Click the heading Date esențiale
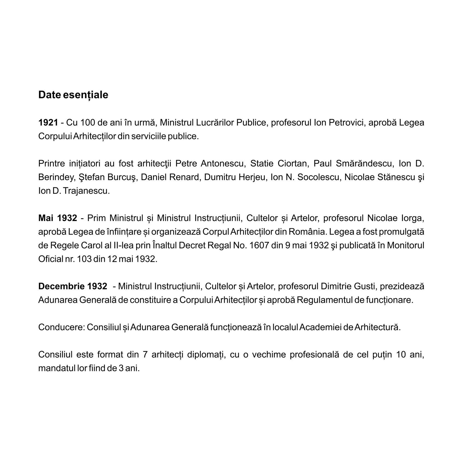tap(73, 95)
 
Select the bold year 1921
tap(48, 123)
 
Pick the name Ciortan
tap(292, 164)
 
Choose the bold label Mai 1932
tap(57, 218)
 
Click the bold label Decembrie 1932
tap(72, 286)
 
